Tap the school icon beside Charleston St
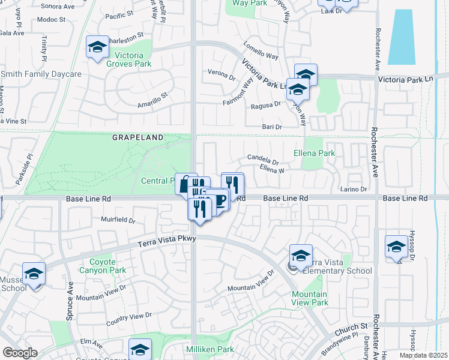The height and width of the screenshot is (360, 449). pyautogui.click(x=97, y=48)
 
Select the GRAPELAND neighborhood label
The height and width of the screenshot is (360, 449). pyautogui.click(x=137, y=137)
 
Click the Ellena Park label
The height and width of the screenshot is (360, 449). pyautogui.click(x=319, y=153)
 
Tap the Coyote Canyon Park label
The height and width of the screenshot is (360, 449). pyautogui.click(x=107, y=266)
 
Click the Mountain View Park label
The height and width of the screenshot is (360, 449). pyautogui.click(x=310, y=298)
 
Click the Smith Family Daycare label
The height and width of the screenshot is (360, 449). pyautogui.click(x=41, y=74)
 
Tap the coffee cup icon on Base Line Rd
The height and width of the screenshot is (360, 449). pyautogui.click(x=220, y=200)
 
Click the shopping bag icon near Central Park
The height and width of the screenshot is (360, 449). pyautogui.click(x=184, y=184)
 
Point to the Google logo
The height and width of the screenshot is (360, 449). pyautogui.click(x=20, y=353)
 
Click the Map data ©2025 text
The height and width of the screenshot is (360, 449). pyautogui.click(x=423, y=355)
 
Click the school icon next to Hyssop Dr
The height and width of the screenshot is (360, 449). pyautogui.click(x=396, y=247)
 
